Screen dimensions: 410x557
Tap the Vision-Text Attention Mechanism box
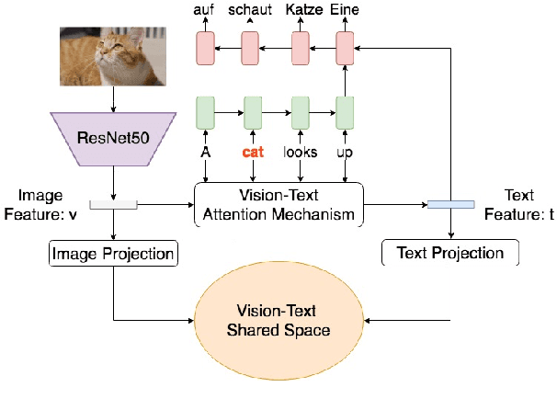(x=278, y=205)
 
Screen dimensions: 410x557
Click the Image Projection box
(x=113, y=253)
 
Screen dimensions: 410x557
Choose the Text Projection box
(x=449, y=253)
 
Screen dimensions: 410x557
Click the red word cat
(x=253, y=154)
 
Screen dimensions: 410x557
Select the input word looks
(x=300, y=154)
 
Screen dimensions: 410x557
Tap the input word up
(x=345, y=154)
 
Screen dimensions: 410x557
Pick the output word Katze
(x=300, y=10)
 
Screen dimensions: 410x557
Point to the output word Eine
(x=345, y=10)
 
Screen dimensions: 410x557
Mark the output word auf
(x=205, y=10)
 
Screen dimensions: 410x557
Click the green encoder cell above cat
(x=253, y=113)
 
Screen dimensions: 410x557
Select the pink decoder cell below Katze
(x=300, y=47)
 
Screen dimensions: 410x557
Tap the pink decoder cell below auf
(x=205, y=47)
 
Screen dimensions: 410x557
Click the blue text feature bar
(x=450, y=204)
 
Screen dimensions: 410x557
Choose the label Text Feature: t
(x=519, y=204)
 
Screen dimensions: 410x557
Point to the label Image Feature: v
(x=40, y=204)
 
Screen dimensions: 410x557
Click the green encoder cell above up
(x=345, y=113)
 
